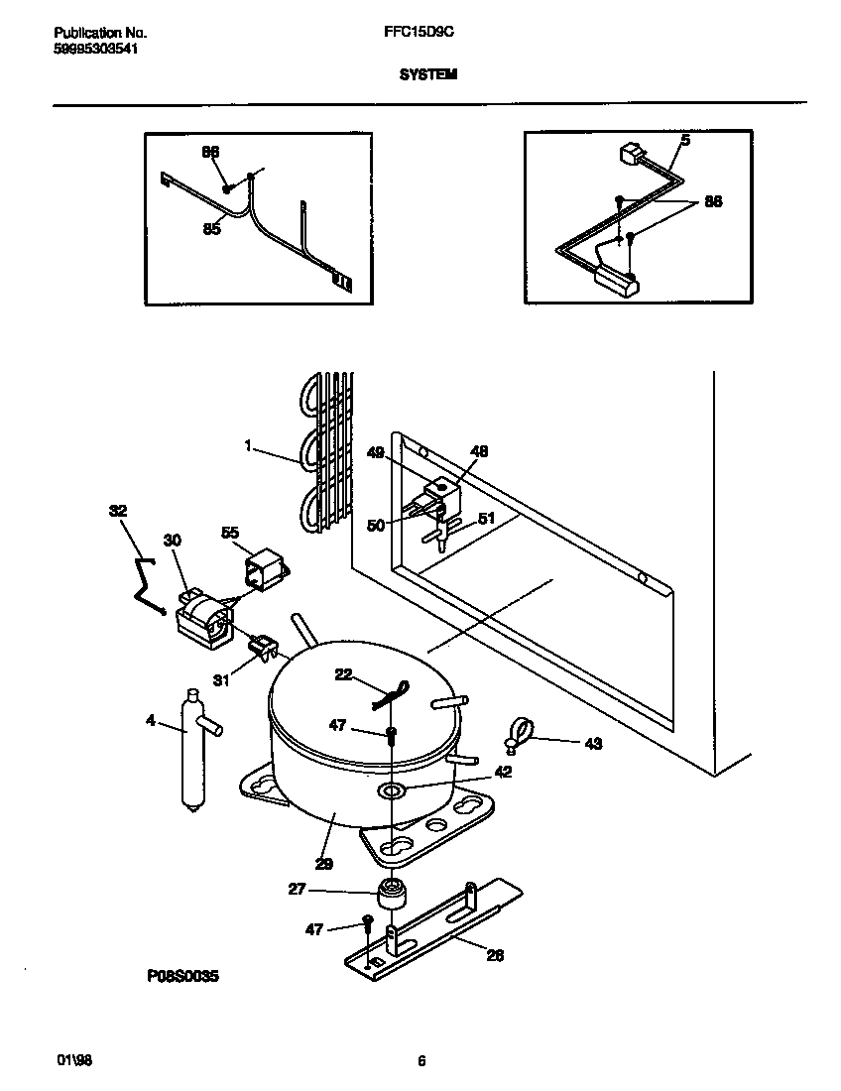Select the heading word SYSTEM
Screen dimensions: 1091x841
pos(427,74)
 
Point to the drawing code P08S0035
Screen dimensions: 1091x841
pos(181,976)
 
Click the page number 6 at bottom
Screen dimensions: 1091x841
pos(421,1060)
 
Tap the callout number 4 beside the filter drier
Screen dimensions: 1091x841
pos(151,721)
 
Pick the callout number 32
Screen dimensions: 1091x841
pos(118,512)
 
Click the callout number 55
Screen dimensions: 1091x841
pos(230,533)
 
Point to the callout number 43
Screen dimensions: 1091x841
pos(592,743)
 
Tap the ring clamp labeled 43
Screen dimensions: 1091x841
pos(517,736)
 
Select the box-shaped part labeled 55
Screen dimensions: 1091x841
pos(264,572)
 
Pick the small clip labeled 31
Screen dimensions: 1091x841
pos(260,648)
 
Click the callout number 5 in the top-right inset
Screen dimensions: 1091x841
pos(684,140)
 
